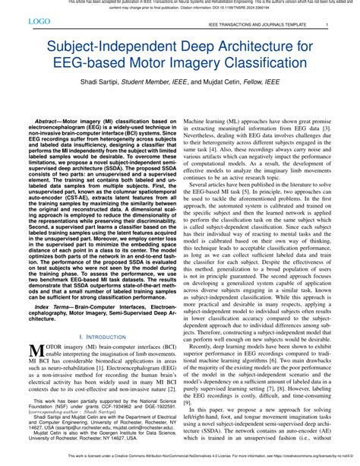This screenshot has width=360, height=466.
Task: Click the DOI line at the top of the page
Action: (x=180, y=10)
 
